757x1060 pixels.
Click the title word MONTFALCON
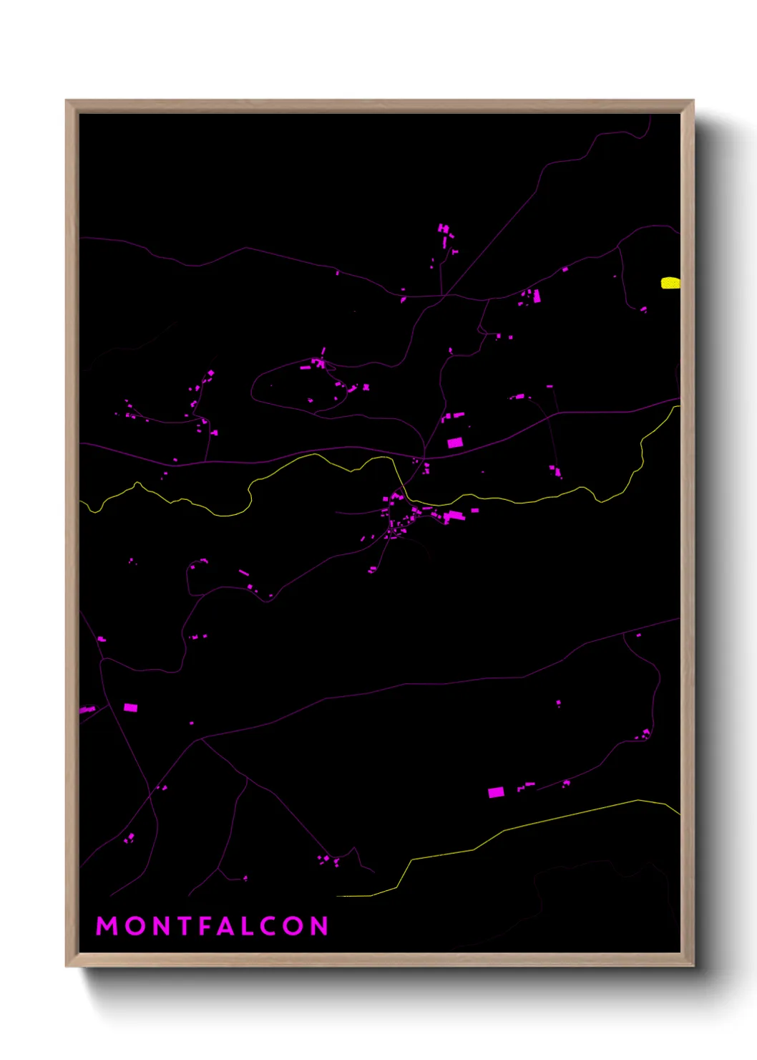212,926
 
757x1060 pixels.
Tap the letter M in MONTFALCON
107,926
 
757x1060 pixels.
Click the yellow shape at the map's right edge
670,283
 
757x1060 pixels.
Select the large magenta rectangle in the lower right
496,792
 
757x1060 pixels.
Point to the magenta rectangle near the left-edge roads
130,708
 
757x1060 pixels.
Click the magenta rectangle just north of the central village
455,443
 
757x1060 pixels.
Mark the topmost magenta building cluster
445,231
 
